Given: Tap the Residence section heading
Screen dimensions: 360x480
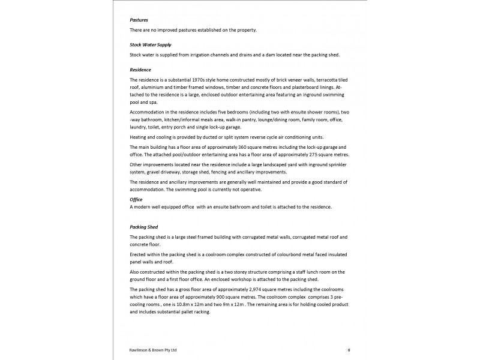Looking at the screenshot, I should pos(141,70).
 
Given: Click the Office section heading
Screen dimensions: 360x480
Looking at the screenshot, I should pos(136,199).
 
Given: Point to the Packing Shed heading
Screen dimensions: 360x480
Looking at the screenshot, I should pos(144,227).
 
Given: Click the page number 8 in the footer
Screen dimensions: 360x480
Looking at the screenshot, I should pos(349,349).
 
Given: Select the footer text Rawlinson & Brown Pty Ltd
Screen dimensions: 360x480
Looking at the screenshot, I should pos(153,349).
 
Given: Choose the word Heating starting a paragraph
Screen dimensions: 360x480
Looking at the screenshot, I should pos(140,137).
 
